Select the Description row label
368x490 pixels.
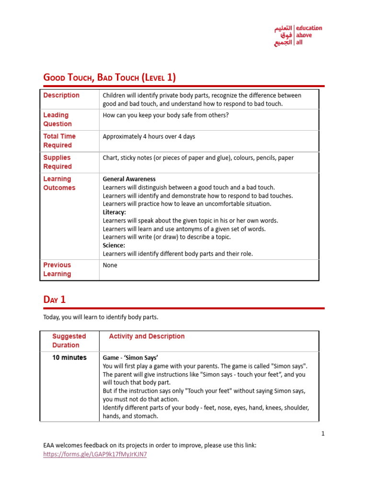61,95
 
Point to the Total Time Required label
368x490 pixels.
59,141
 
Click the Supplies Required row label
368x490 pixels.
57,162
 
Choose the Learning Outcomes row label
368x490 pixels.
59,183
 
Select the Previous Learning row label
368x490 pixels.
57,269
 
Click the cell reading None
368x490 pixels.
110,265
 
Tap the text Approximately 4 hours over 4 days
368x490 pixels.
149,136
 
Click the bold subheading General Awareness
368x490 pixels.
129,179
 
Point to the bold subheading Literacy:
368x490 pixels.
115,212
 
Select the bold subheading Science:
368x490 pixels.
114,245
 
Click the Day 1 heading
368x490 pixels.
55,300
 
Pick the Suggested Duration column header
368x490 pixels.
69,341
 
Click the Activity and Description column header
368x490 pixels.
147,336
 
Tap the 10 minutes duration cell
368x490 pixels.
69,357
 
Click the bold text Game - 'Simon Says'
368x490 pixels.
130,357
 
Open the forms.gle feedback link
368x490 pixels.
95,455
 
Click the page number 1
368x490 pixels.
323,434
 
